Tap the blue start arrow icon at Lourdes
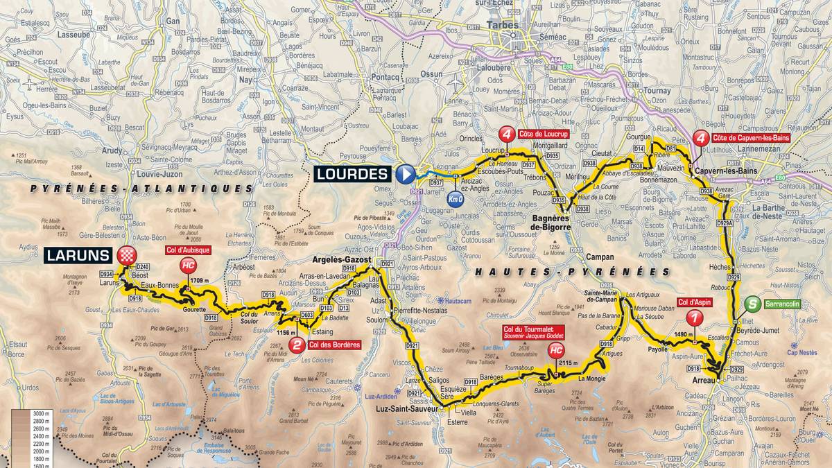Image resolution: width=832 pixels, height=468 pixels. coord(405,173)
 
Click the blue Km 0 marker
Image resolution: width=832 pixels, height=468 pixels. coord(454,198)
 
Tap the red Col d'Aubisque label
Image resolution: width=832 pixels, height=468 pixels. coord(187,250)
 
